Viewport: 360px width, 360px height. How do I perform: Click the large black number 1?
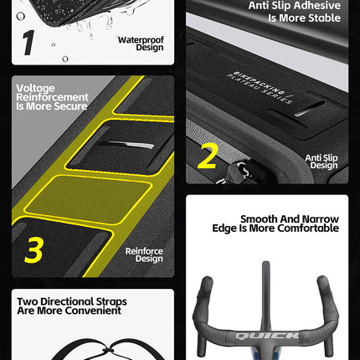[28, 43]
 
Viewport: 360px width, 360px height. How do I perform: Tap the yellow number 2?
[207, 156]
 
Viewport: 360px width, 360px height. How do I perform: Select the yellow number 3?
[33, 250]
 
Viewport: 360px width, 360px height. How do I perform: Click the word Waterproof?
[141, 40]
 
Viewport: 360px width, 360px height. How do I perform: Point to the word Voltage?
[35, 88]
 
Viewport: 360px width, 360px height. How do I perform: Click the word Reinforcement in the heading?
[52, 97]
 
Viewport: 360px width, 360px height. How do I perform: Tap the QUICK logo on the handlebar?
[267, 336]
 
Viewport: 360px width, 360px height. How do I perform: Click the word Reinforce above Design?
[144, 251]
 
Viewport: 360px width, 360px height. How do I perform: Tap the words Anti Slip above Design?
[321, 158]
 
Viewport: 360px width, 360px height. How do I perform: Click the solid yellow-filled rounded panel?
[88, 198]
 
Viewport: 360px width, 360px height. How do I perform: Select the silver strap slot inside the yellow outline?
[126, 145]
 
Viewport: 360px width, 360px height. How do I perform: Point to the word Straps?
[111, 302]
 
